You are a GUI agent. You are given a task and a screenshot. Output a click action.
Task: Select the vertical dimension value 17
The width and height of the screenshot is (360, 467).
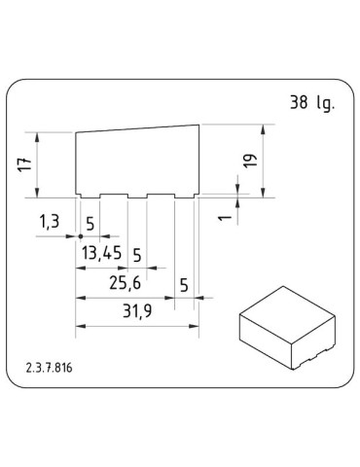click(24, 163)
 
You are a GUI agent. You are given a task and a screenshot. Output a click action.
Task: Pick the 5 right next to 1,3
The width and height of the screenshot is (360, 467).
click(90, 223)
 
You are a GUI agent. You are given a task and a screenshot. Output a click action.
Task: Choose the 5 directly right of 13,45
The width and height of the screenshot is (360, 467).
click(136, 255)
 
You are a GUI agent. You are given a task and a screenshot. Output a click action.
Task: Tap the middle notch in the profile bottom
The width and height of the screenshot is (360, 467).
click(137, 198)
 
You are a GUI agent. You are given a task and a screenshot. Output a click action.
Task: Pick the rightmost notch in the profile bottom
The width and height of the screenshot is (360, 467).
click(184, 198)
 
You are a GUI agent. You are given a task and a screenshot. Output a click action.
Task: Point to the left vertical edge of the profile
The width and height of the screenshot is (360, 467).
click(76, 163)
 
